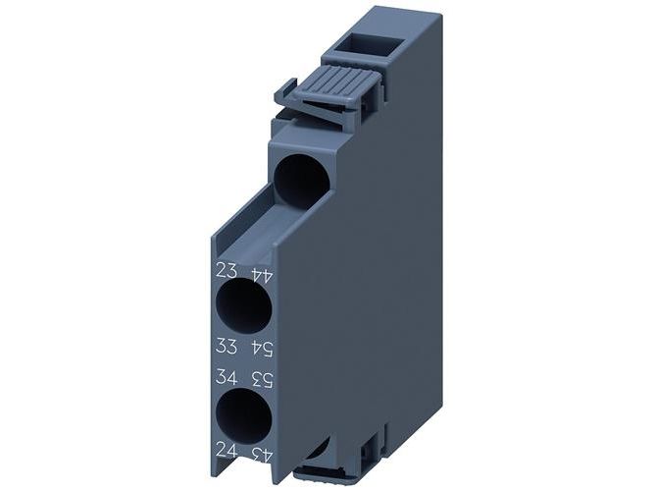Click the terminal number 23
(226, 270)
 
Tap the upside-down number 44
(262, 275)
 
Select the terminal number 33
(226, 346)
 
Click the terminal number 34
(226, 377)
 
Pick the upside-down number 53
(262, 380)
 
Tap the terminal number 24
(226, 451)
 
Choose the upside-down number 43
(262, 455)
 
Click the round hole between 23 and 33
(243, 306)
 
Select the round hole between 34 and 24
(243, 415)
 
